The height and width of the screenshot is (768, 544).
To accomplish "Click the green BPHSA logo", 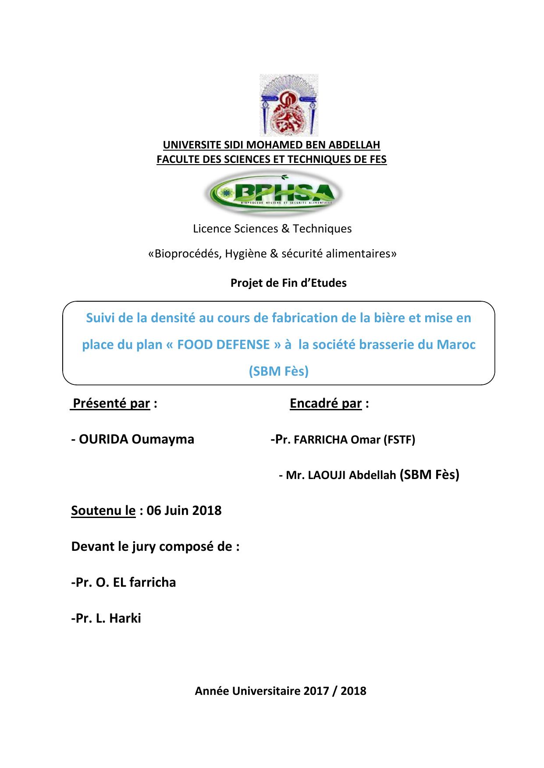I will click(274, 193).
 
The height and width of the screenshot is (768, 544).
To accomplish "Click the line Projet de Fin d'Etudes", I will click(288, 283).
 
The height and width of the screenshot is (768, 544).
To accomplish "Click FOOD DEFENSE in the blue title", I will click(224, 345).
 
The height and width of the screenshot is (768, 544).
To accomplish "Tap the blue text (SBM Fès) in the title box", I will click(279, 371).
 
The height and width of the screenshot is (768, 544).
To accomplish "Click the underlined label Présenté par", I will click(111, 403).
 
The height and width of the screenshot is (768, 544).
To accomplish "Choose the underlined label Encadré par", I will click(326, 403).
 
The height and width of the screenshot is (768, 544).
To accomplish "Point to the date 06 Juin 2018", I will click(184, 511).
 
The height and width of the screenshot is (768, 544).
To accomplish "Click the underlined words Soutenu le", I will click(103, 511).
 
